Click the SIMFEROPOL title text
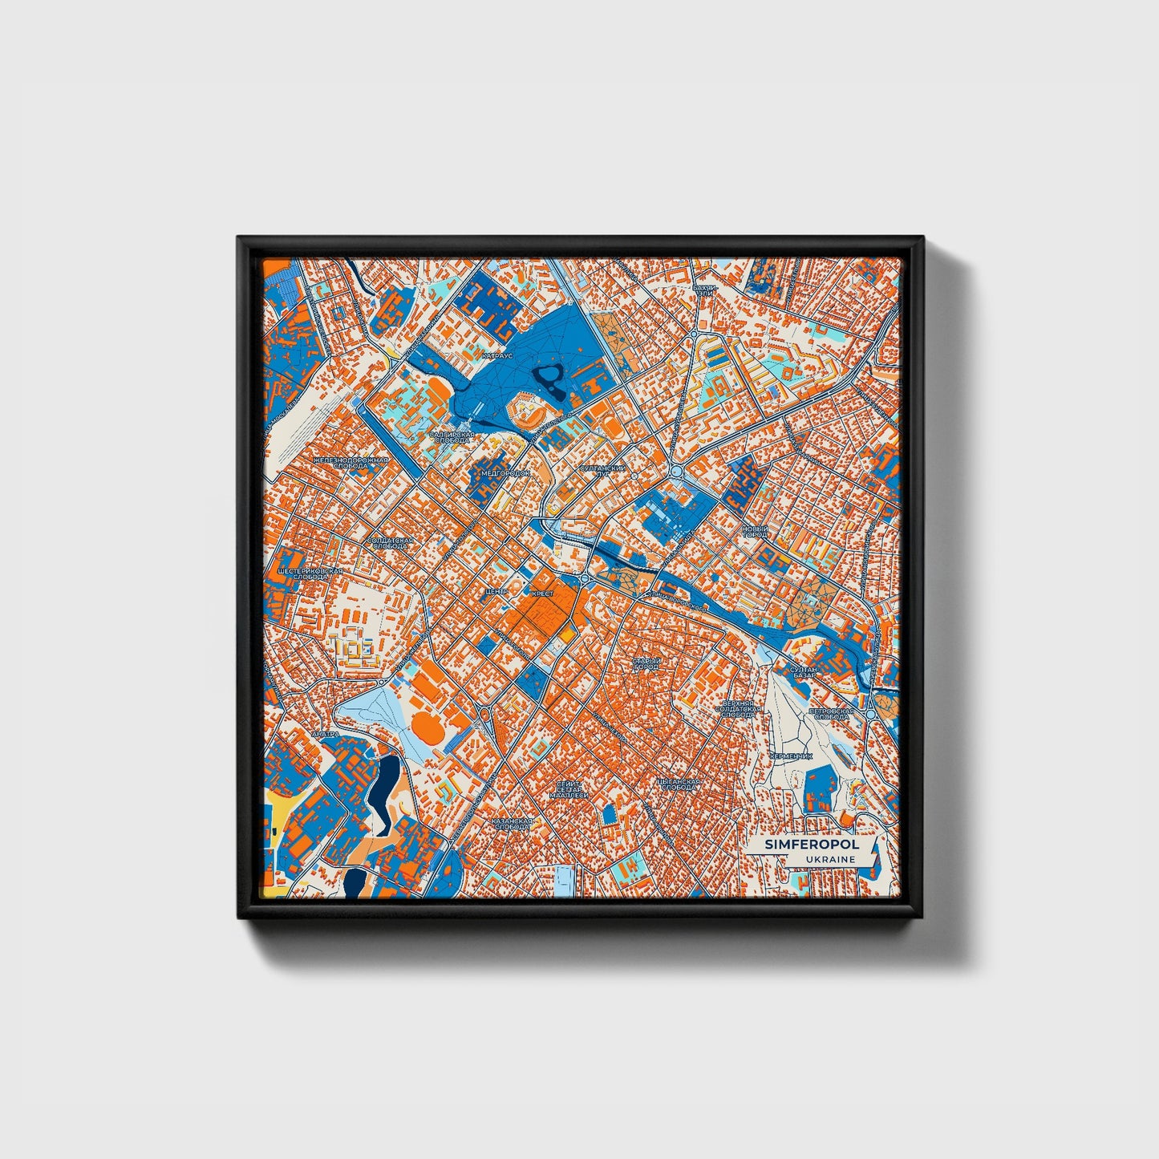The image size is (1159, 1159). [x=811, y=845]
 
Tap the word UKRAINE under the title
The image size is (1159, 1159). [x=832, y=859]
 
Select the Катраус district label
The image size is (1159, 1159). [x=496, y=354]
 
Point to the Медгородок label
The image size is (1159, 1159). [x=505, y=473]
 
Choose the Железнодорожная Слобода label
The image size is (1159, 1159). [x=351, y=463]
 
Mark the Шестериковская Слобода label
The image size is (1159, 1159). [x=310, y=574]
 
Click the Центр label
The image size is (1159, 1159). [x=496, y=591]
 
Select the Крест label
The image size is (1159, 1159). [x=542, y=594]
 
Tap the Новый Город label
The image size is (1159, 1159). [x=755, y=532]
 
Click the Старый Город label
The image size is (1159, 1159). [x=646, y=663]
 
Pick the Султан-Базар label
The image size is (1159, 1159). [x=803, y=672]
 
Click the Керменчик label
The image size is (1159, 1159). [x=791, y=756]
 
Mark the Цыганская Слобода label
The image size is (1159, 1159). [x=678, y=784]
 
